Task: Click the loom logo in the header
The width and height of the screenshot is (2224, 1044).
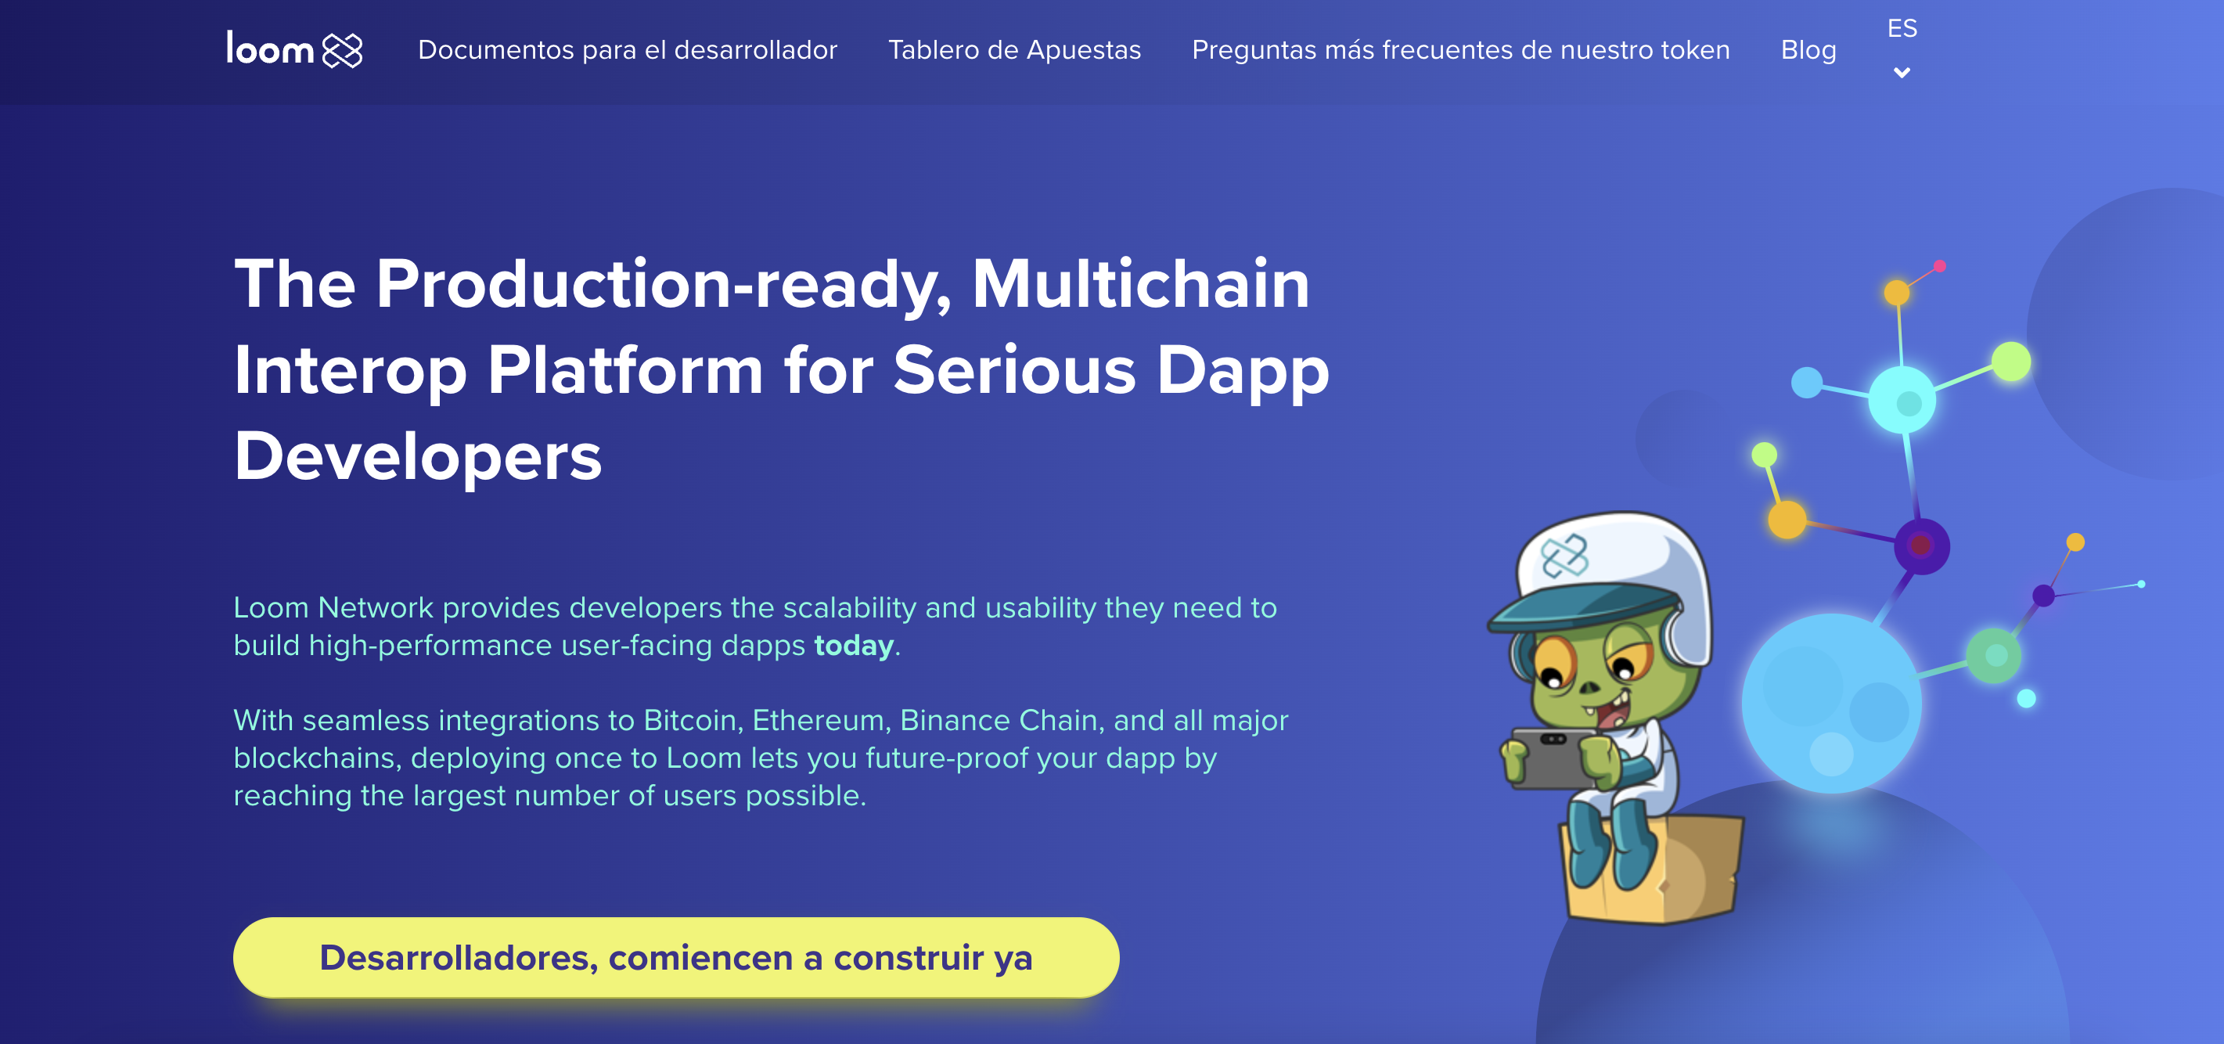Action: [x=294, y=49]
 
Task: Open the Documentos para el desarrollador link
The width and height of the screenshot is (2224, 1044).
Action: [x=628, y=50]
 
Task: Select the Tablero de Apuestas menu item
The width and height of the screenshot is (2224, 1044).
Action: [x=1014, y=50]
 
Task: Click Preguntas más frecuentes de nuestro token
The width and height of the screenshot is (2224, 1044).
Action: [x=1461, y=50]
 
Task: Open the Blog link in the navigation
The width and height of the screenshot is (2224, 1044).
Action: [x=1808, y=50]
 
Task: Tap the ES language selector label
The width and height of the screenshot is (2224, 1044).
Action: [x=1902, y=28]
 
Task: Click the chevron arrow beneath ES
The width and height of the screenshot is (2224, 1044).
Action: [x=1902, y=73]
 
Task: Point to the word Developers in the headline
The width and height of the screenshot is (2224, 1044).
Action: [x=418, y=456]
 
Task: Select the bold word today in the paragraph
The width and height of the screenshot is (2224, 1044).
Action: [x=853, y=646]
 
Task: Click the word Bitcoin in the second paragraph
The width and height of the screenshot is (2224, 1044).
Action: [x=693, y=720]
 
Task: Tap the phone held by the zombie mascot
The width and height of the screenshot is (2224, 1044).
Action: [x=1552, y=758]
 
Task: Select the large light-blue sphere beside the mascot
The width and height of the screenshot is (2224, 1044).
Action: [x=1831, y=703]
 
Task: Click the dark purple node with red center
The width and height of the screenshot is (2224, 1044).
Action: [x=1922, y=545]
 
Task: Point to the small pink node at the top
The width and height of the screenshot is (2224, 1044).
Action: [x=1940, y=266]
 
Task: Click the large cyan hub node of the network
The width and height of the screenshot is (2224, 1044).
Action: [x=1902, y=400]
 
